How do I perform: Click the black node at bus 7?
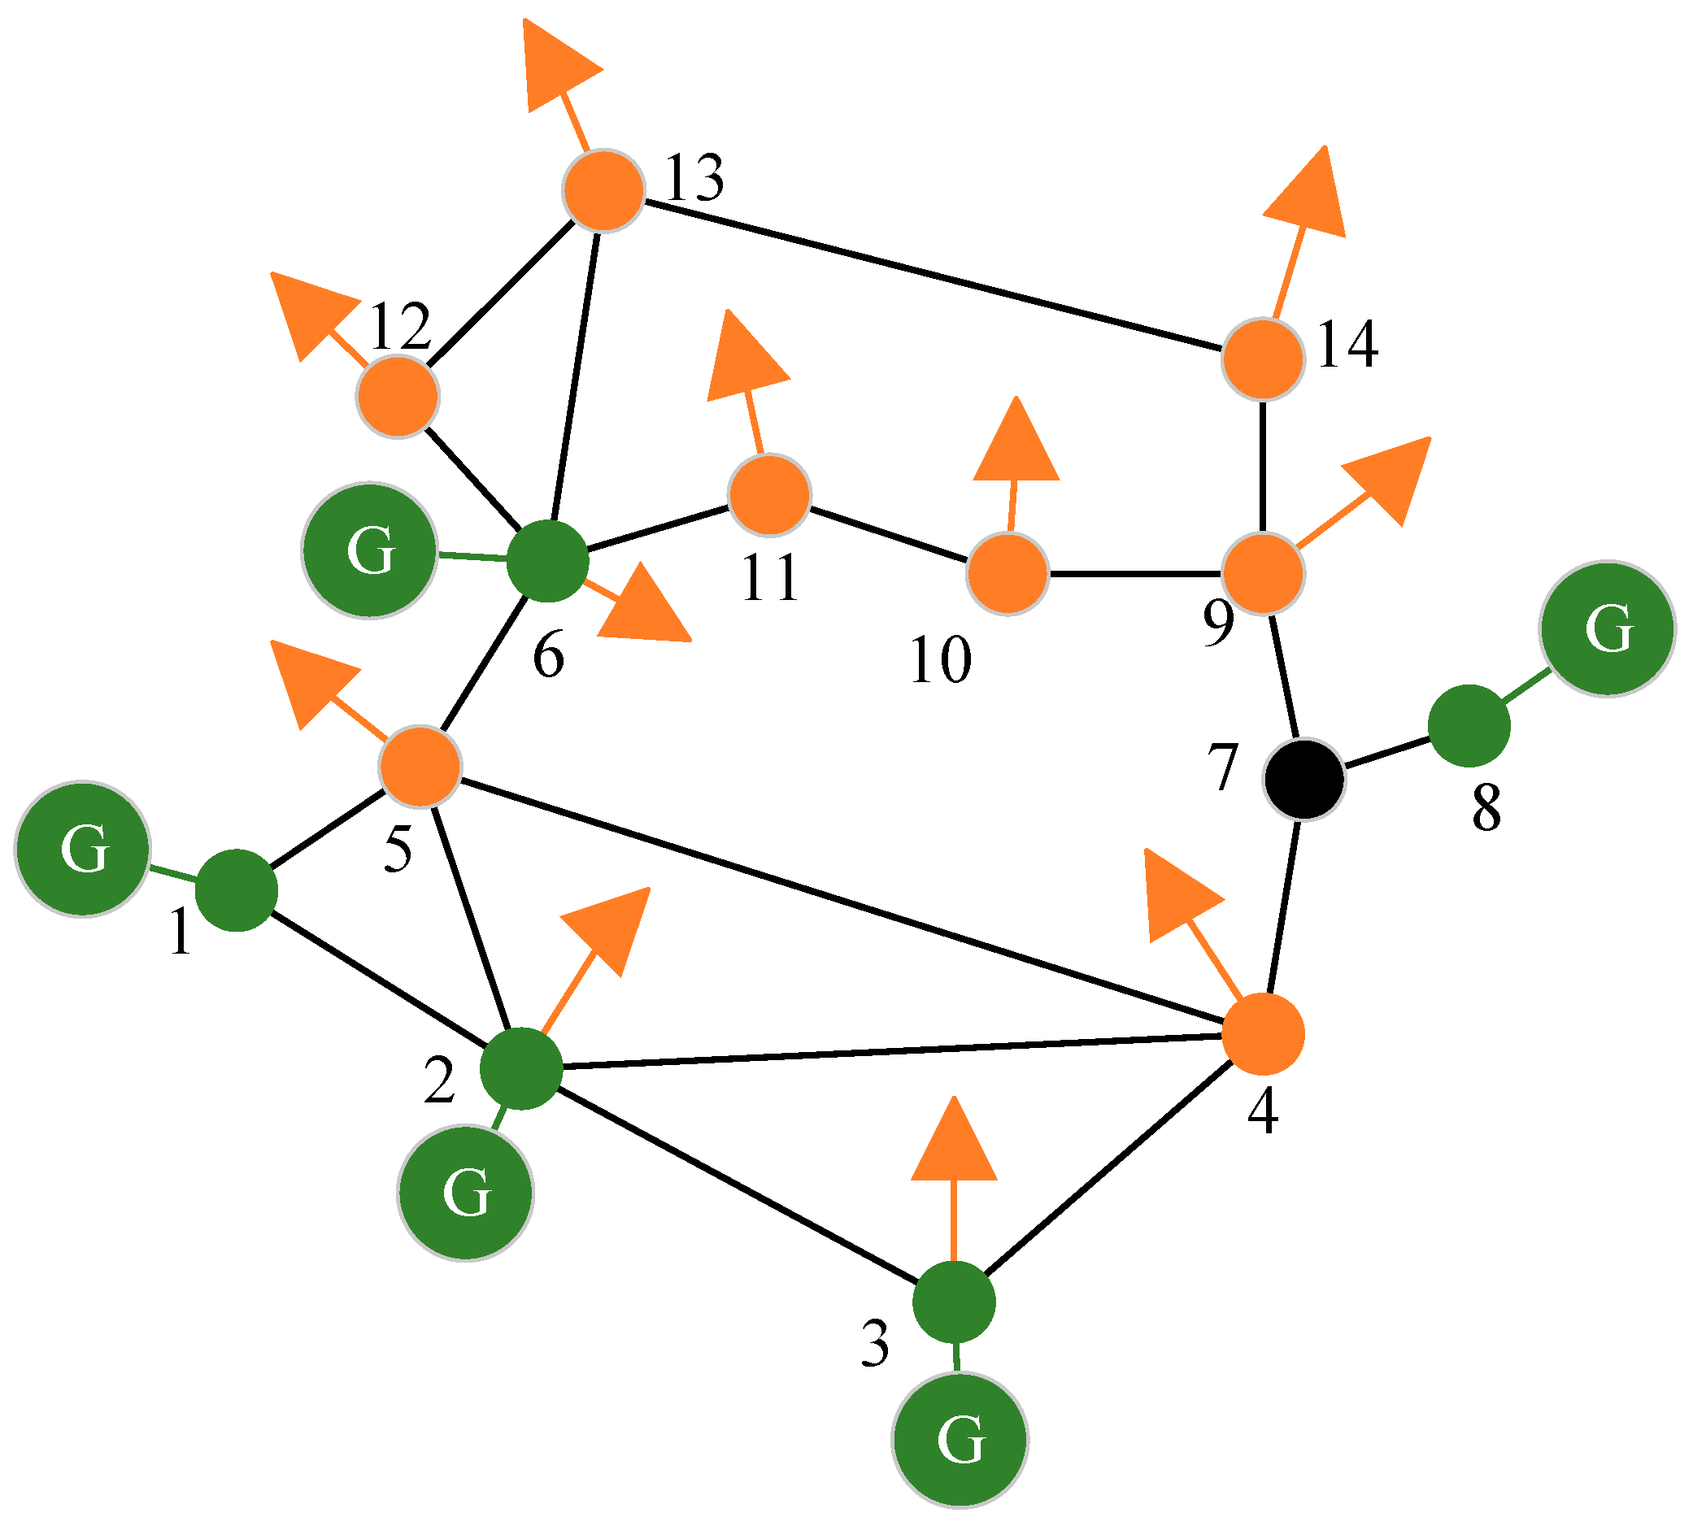coord(1304,779)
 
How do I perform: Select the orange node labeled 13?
coord(603,190)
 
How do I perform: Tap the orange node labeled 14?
coord(1263,359)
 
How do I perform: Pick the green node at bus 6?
coord(547,561)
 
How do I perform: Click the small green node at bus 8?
coord(1469,725)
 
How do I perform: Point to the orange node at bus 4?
coord(1263,1035)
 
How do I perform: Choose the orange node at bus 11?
coord(770,494)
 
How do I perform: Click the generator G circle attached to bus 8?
coord(1608,628)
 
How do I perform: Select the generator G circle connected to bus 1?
coord(83,850)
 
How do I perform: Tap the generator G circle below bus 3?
coord(960,1440)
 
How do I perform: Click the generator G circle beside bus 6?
coord(370,550)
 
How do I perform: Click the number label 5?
coord(398,850)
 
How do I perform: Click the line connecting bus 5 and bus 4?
coord(838,900)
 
